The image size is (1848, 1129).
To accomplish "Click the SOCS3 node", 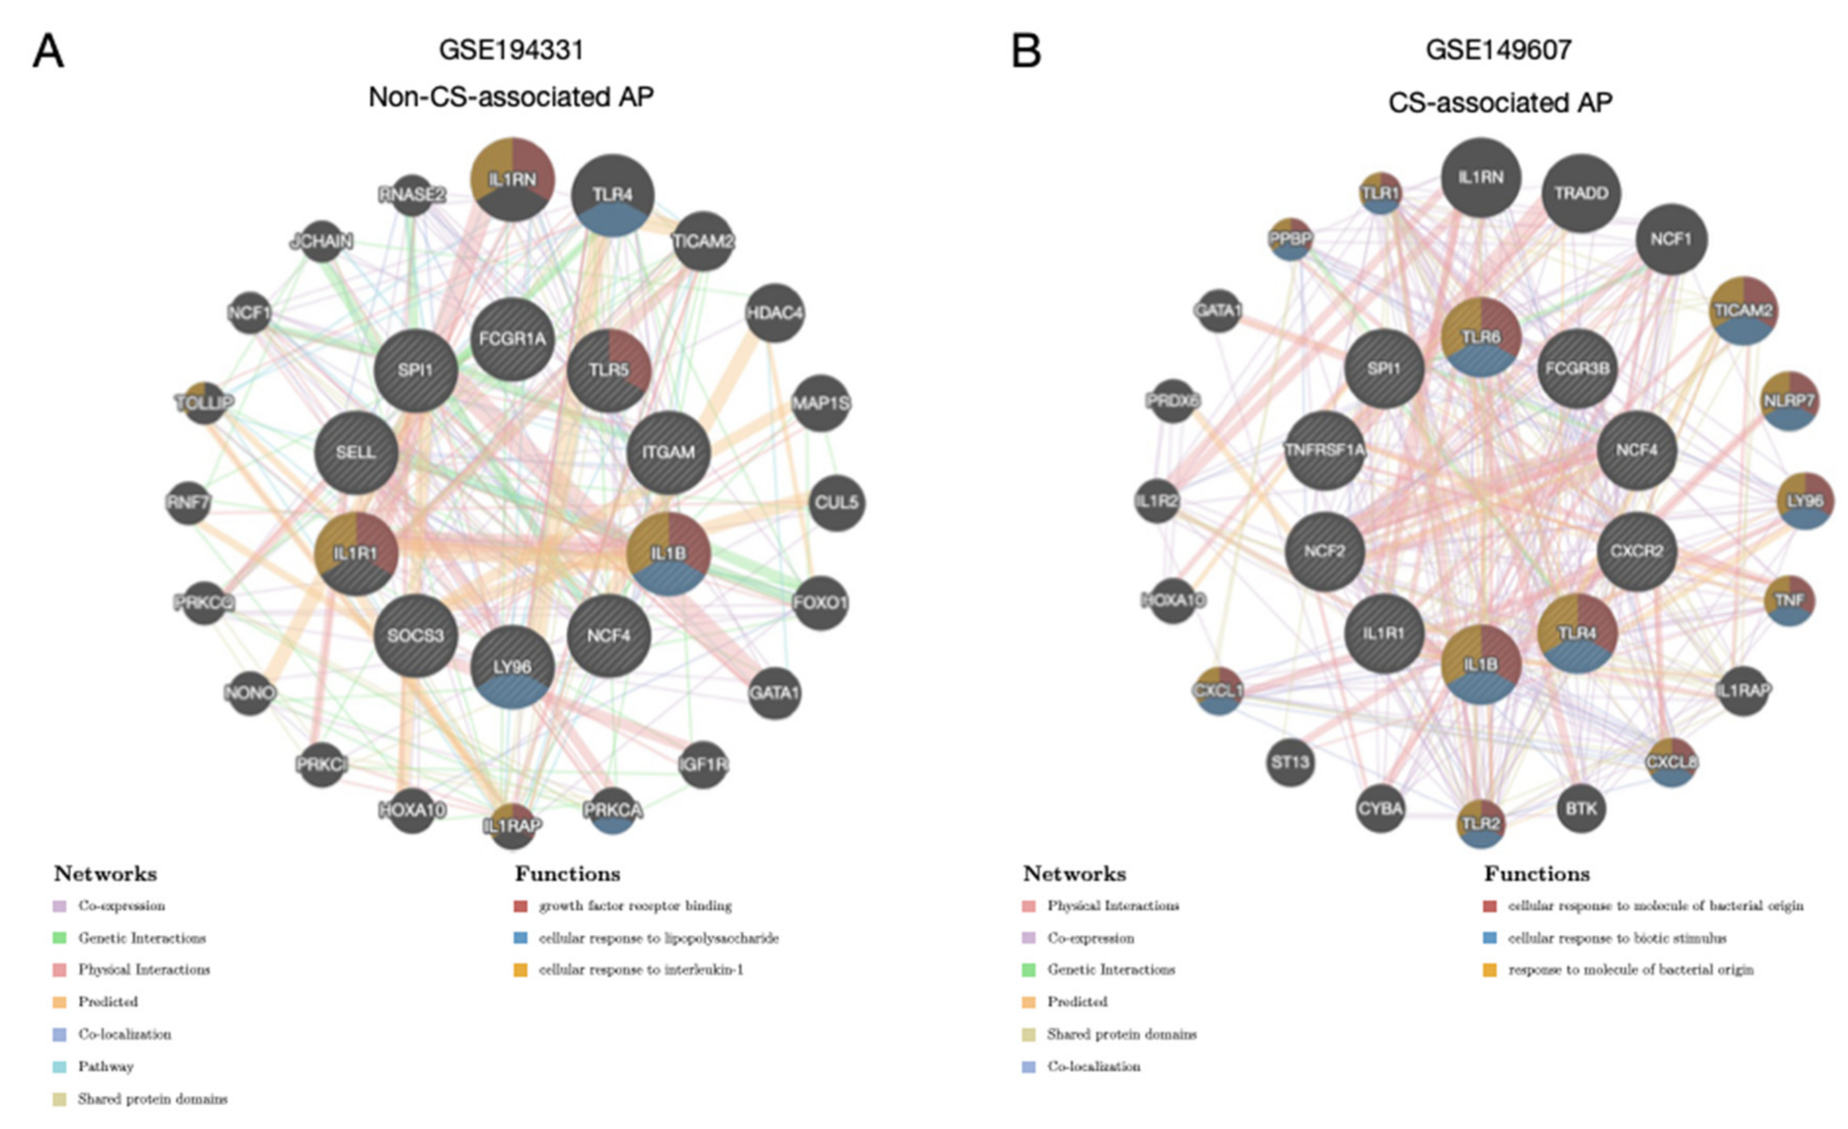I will pos(416,636).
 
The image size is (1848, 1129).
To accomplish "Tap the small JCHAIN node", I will pos(322,241).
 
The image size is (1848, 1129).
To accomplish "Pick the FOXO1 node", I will pos(820,602).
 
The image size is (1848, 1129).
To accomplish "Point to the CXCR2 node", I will pos(1637,552).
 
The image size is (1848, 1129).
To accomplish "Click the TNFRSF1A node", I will pos(1325,450).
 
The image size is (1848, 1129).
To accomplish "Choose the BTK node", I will pos(1581,809).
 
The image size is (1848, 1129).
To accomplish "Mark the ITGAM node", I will pos(668,453).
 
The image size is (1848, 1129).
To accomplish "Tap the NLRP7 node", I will pos(1789,401).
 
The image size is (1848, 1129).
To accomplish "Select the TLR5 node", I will pos(609,370).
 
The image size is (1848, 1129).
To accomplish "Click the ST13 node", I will pos(1290,762).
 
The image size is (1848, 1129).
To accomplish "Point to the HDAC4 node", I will pos(775,312).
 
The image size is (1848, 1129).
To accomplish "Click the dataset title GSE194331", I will pos(511,50).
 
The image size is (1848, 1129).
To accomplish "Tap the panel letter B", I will pos(1026,52).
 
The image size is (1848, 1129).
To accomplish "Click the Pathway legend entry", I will pos(105,1066).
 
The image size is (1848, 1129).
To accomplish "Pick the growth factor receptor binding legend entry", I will pos(634,906).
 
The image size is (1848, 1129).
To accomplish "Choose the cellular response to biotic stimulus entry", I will pos(1616,938).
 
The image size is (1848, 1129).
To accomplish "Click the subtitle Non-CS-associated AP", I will pos(511,97).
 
